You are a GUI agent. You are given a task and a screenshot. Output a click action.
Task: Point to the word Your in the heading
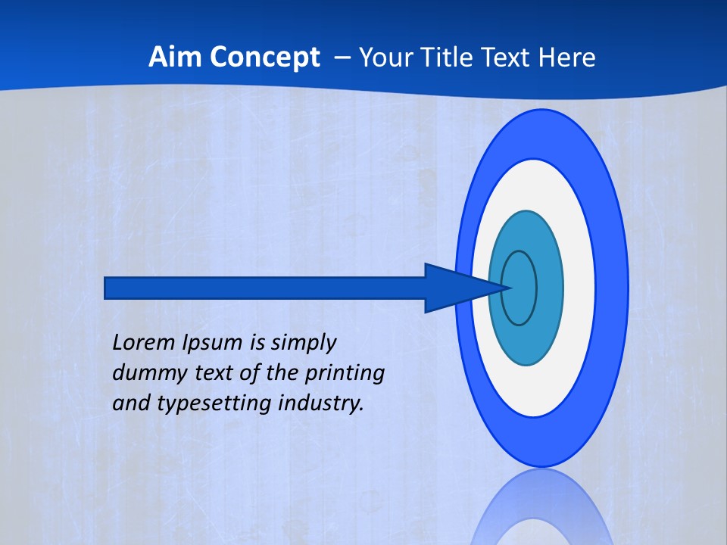[384, 58]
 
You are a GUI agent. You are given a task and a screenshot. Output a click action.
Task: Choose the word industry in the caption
[321, 403]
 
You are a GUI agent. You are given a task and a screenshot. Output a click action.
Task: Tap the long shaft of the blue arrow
[265, 288]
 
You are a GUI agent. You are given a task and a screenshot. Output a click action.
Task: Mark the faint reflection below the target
[541, 511]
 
